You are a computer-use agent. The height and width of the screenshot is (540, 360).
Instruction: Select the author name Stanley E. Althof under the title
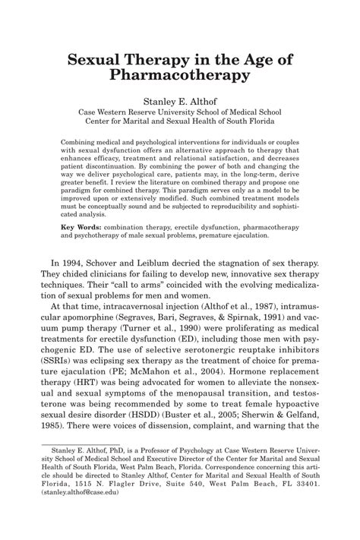180,99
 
